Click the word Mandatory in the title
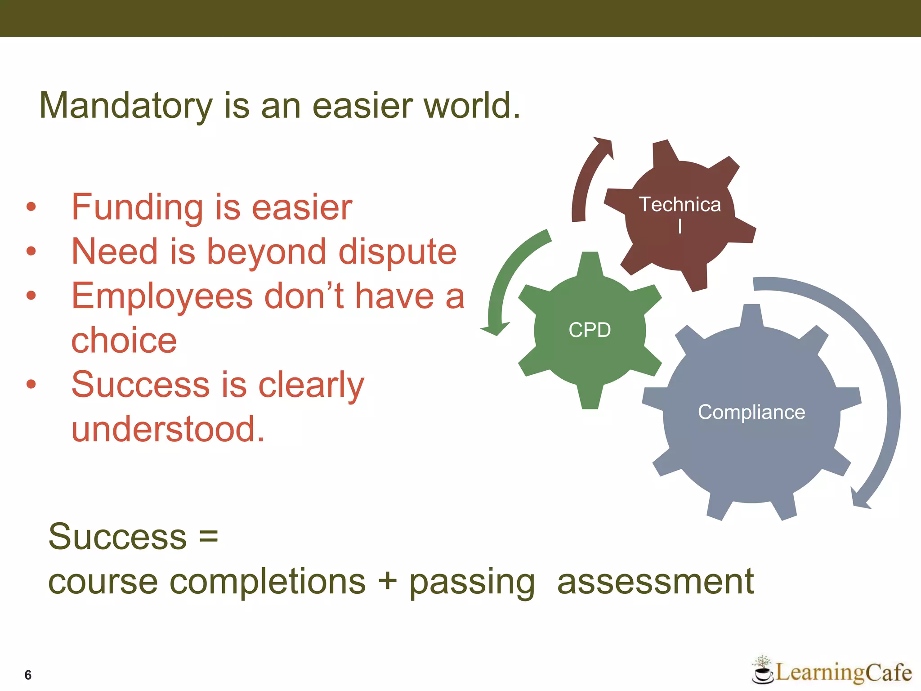[x=126, y=106]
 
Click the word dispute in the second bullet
[x=398, y=252]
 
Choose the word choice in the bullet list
[x=124, y=341]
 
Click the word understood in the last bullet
[x=167, y=429]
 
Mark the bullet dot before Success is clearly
[x=31, y=384]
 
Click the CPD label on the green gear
[x=590, y=330]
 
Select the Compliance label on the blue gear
[x=751, y=412]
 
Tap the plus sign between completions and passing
[x=387, y=581]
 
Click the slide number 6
[x=28, y=675]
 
